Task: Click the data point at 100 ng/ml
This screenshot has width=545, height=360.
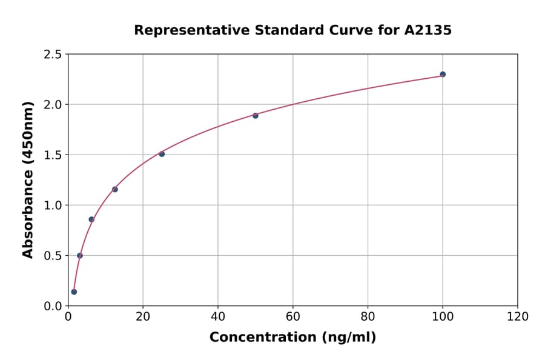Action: coord(443,75)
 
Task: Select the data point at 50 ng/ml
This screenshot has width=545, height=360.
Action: coord(256,116)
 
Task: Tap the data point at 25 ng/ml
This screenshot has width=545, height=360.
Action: coord(162,154)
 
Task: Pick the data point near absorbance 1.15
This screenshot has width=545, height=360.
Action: coord(115,189)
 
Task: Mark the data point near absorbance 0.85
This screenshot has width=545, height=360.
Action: coord(91,219)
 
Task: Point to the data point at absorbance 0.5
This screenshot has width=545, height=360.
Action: coord(80,255)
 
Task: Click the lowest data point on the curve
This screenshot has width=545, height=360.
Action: coord(74,292)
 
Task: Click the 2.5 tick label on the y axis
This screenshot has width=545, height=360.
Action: coord(52,55)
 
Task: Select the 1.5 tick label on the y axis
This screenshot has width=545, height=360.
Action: coord(52,155)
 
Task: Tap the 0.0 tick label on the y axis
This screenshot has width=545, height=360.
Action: coord(52,306)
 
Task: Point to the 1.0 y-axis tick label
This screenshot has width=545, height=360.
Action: coord(52,205)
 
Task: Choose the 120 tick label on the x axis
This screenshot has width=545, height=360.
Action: coord(518,316)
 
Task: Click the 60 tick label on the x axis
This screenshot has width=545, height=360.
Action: coord(293,316)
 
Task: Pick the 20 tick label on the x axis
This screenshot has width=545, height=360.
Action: coord(143,316)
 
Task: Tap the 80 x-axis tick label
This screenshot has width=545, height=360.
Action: coord(368,316)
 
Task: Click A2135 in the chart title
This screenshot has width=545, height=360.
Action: coord(428,30)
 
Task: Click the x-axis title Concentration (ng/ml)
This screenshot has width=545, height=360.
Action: coord(292,338)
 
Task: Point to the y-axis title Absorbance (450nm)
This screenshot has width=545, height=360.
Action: coord(28,179)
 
